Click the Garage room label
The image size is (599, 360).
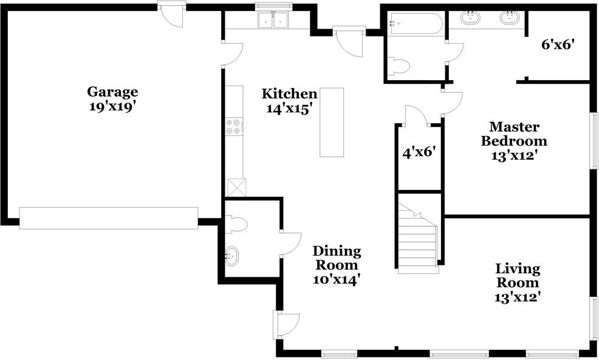112,92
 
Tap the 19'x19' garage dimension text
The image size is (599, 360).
113,106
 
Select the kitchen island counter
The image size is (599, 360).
332,122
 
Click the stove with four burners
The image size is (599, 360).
234,127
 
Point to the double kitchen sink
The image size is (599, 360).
273,20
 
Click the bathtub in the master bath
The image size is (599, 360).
416,24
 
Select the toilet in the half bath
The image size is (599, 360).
237,224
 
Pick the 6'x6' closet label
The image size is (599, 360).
558,45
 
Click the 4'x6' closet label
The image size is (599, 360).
419,153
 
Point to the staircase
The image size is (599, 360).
417,237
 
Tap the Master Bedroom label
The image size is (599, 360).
514,134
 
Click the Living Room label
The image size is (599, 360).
518,276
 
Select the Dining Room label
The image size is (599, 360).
337,258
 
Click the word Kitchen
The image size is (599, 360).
289,94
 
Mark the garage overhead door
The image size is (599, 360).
109,218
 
